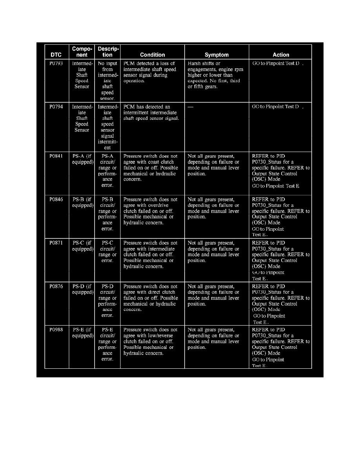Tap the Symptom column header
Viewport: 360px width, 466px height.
pyautogui.click(x=216, y=55)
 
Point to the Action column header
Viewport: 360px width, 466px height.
pyautogui.click(x=281, y=55)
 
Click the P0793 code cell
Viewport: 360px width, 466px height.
pyautogui.click(x=56, y=64)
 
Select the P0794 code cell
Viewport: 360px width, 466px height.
pyautogui.click(x=56, y=107)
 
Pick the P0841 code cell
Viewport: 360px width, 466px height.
pyautogui.click(x=56, y=156)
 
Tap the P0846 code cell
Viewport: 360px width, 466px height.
pyautogui.click(x=56, y=200)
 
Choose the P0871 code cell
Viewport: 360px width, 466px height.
pyautogui.click(x=56, y=243)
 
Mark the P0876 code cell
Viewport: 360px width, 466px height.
pyautogui.click(x=56, y=287)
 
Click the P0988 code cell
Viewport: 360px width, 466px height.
pyautogui.click(x=56, y=330)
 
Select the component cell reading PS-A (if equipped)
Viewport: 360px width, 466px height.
pyautogui.click(x=82, y=159)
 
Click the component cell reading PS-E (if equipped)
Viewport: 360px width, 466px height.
pyautogui.click(x=82, y=333)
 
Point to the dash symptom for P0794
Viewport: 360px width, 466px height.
pyautogui.click(x=190, y=107)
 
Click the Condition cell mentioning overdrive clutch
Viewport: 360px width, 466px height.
pyautogui.click(x=151, y=211)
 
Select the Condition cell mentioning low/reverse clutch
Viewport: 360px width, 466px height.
pyautogui.click(x=151, y=341)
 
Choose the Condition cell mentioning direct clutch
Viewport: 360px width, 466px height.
pyautogui.click(x=151, y=298)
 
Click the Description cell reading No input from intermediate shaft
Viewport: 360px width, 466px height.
pyautogui.click(x=107, y=81)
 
